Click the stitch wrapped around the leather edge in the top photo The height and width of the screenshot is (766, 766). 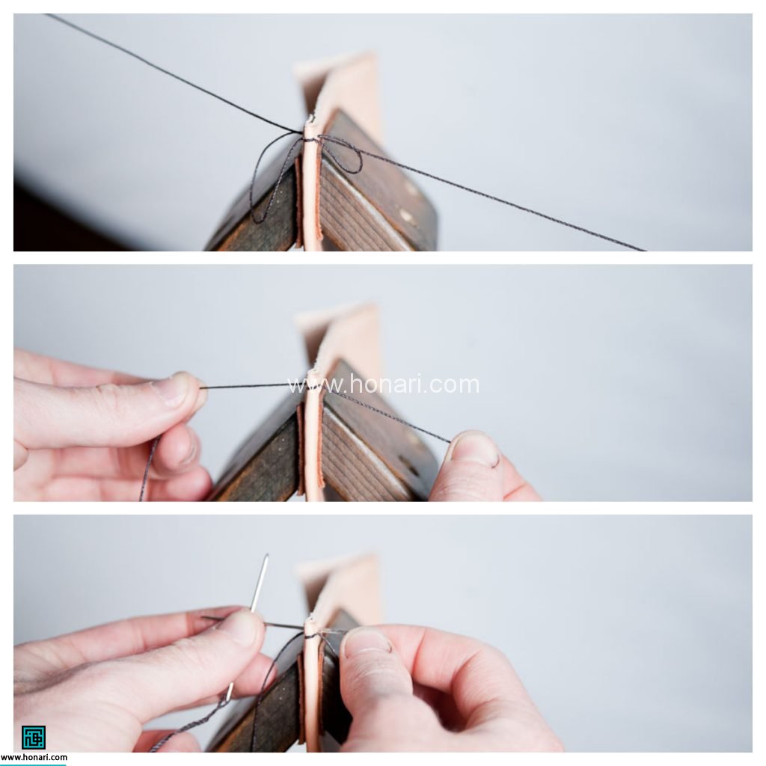(x=310, y=138)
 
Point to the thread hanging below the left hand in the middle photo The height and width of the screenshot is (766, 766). (x=149, y=468)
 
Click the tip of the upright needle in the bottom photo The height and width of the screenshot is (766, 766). (x=267, y=555)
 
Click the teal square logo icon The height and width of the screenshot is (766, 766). (x=33, y=737)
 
